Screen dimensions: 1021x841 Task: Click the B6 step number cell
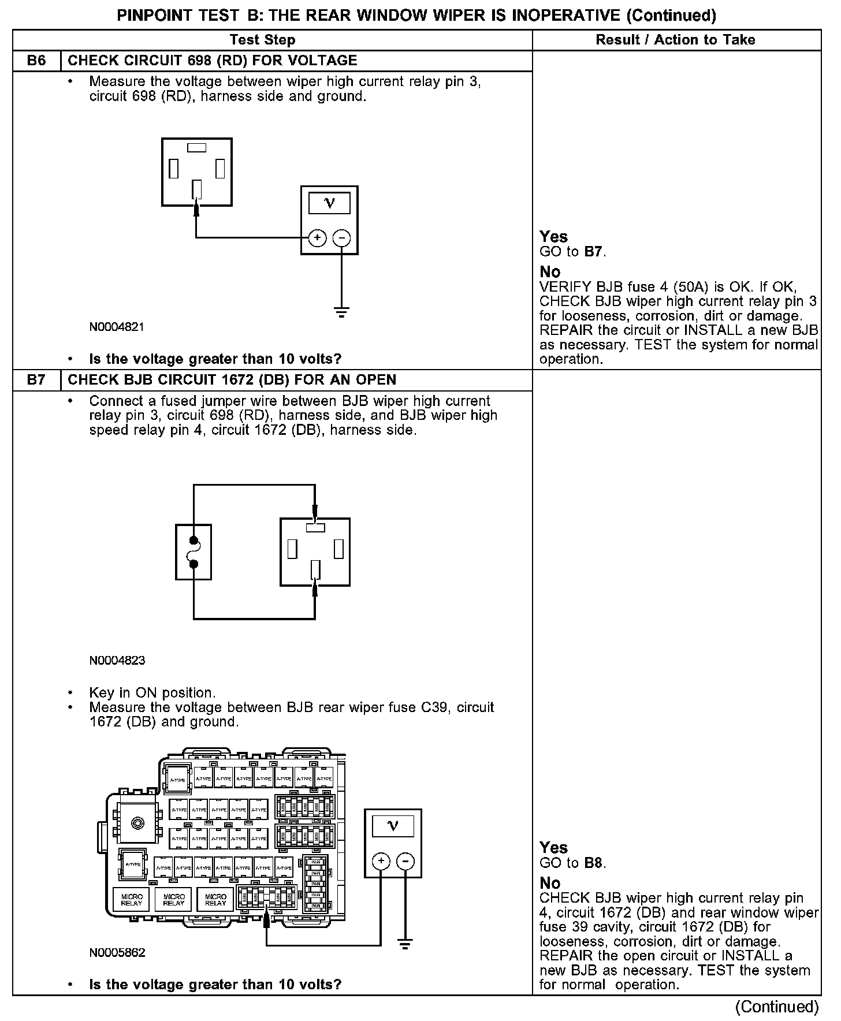36,61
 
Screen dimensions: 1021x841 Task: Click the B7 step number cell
36,380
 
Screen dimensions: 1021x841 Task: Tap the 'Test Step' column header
262,40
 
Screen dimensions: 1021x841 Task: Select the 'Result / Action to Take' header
675,40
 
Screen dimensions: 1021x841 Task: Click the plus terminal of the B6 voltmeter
317,237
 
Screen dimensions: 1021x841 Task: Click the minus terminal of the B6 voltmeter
342,237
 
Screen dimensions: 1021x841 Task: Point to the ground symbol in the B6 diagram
342,314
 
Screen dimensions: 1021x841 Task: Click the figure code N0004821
117,327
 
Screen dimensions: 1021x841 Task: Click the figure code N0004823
117,661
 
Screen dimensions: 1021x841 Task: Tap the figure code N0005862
117,953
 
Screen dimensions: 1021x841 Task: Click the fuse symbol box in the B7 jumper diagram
193,552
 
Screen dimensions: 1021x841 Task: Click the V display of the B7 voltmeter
393,826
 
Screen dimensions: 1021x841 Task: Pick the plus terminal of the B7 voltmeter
381,861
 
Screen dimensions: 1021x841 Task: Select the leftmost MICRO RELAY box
132,900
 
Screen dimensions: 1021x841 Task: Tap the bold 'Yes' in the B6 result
553,236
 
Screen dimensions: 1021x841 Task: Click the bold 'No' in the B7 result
550,883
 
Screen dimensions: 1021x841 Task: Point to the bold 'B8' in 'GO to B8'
593,863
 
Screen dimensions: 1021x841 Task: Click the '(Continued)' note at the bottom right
777,1007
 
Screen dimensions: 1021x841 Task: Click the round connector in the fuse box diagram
137,822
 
